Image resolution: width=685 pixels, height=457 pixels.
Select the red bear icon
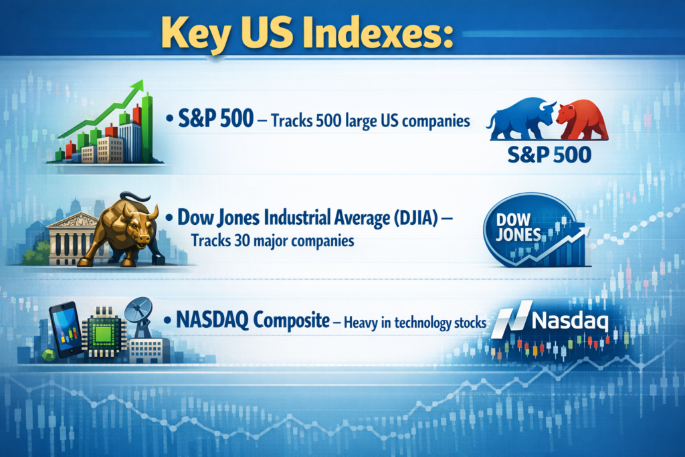click(x=581, y=120)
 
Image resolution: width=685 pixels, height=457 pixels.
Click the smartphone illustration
click(x=65, y=328)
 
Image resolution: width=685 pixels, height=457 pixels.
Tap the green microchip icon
click(x=103, y=330)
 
